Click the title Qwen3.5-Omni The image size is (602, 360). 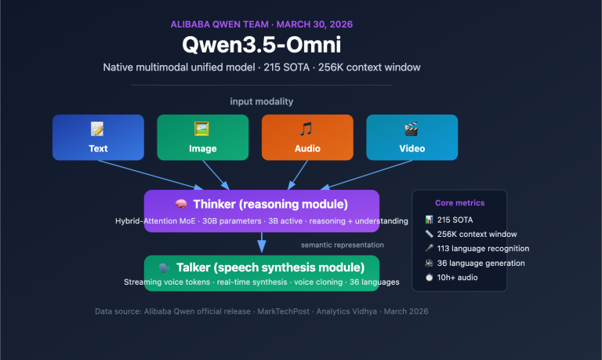coord(261,45)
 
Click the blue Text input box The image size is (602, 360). coord(98,138)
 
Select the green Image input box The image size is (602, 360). coord(202,138)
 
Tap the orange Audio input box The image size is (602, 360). coord(306,138)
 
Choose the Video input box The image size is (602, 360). coord(412,138)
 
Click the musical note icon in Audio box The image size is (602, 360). coord(306,129)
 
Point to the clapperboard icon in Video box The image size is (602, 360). coord(412,129)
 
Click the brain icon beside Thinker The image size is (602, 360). coord(180,204)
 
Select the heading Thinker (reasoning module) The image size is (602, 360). coord(270,204)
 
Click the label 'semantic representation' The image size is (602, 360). coord(339,245)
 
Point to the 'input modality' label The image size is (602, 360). coord(261,102)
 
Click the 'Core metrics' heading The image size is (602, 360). coord(459,202)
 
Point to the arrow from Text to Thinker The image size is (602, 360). coord(157,173)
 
